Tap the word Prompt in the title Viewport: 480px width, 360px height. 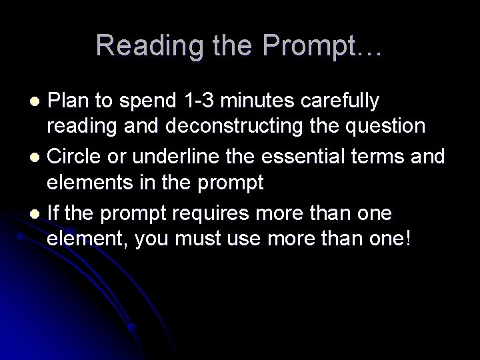pos(313,45)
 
